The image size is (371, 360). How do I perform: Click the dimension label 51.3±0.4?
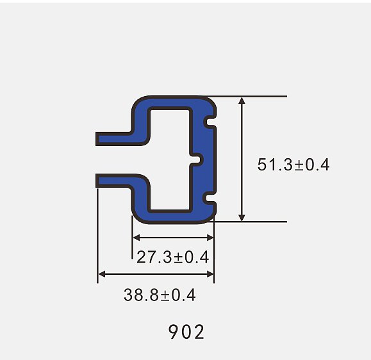(x=293, y=165)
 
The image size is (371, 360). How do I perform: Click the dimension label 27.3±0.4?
(x=173, y=257)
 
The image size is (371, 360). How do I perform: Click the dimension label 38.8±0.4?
(x=160, y=295)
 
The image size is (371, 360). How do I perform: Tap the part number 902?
(x=186, y=332)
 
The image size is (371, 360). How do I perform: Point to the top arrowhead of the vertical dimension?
(x=242, y=101)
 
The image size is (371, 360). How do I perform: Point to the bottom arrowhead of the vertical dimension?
(x=242, y=217)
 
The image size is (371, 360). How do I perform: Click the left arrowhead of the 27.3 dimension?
(x=136, y=238)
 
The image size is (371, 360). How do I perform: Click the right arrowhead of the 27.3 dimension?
(x=210, y=238)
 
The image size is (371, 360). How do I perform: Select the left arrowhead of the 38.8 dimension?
(x=101, y=274)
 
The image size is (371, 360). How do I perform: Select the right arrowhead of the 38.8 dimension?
(x=210, y=274)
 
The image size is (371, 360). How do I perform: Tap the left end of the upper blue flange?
(x=97, y=139)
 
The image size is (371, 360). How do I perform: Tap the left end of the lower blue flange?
(x=97, y=181)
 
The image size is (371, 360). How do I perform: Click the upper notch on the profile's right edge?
(x=209, y=122)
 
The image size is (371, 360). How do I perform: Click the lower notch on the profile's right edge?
(x=209, y=198)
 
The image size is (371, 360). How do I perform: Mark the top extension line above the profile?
(x=246, y=96)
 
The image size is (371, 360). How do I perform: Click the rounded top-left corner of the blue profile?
(x=138, y=103)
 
